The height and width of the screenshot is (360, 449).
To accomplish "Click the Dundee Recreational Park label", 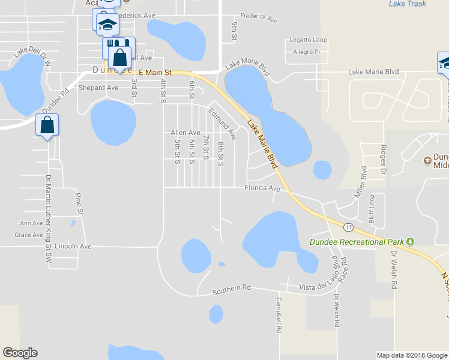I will point(357,242).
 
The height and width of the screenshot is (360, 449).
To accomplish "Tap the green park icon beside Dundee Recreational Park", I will point(411,241).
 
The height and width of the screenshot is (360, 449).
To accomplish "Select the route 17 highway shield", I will point(348,227).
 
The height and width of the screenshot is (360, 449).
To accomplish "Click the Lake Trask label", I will point(407,4).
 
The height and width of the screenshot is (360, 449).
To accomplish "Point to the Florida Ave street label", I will point(262,188).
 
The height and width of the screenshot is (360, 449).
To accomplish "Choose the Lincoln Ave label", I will point(73,246).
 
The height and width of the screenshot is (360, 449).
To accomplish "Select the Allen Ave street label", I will point(185,133).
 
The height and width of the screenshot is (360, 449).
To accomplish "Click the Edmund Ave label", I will point(223,124).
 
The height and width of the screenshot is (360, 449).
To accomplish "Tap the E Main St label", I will point(155,72).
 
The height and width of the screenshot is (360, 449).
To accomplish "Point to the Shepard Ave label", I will point(99,88).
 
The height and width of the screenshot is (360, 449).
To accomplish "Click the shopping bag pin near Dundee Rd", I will point(47,127).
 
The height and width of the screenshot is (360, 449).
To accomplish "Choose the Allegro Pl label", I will point(307,52).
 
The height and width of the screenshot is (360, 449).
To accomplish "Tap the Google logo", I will point(20,353).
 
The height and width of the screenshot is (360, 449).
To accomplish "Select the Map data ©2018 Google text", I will point(411,355).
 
